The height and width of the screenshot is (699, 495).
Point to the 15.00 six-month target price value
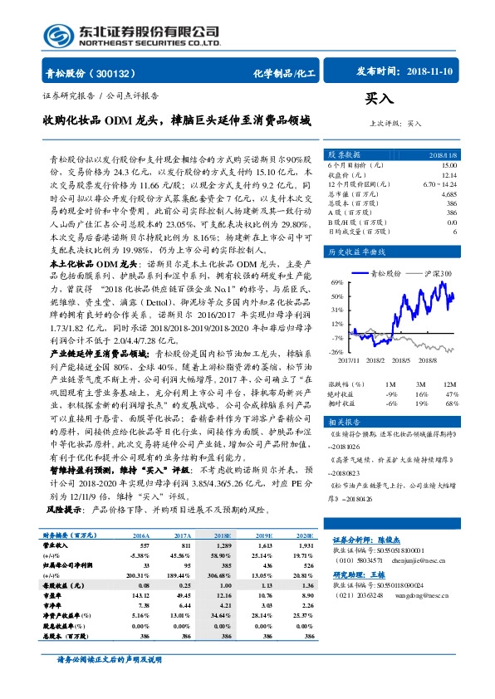pos(448,166)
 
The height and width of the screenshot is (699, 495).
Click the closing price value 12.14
pos(448,175)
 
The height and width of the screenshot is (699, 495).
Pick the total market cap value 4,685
pos(448,193)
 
